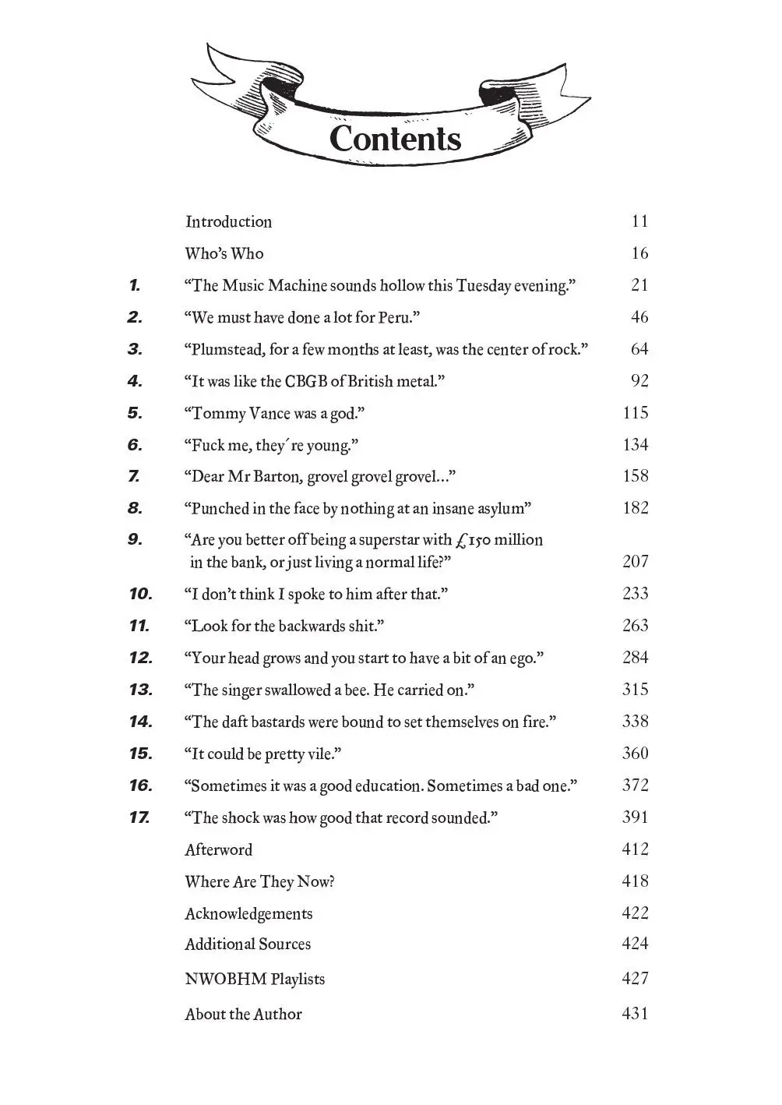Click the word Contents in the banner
click(395, 139)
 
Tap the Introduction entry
click(228, 222)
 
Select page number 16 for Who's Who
click(639, 253)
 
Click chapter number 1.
click(135, 285)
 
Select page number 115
click(636, 413)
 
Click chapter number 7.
click(134, 476)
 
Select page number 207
click(636, 562)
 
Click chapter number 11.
click(139, 626)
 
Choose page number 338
click(636, 722)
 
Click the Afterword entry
click(219, 850)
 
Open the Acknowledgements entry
click(248, 914)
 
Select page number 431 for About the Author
click(636, 1015)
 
